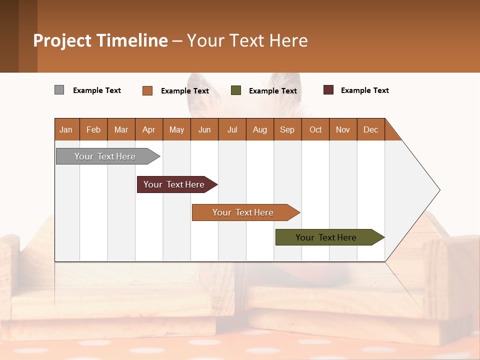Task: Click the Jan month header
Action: pos(66,129)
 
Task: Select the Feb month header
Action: pos(93,129)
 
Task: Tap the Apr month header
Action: pos(148,129)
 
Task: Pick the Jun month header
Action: pos(204,129)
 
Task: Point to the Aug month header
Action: pos(259,129)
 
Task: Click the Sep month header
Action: pos(287,129)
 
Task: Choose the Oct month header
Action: pos(315,129)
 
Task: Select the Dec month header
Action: pos(370,129)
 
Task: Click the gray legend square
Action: pos(59,90)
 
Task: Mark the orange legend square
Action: pos(147,90)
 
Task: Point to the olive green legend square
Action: pos(236,90)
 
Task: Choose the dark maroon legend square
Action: pos(328,90)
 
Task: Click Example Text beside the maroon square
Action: pos(364,90)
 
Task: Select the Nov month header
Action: pos(342,129)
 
